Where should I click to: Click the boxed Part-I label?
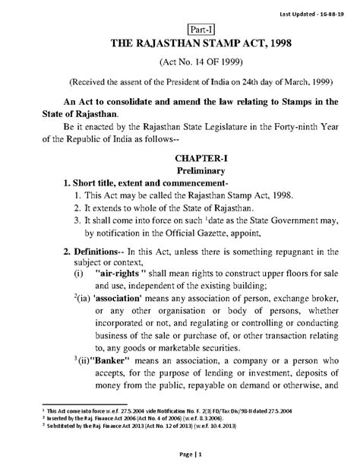click(x=179, y=28)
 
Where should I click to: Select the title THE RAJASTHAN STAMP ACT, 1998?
click(x=179, y=46)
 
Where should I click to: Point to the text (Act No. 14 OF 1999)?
click(x=179, y=65)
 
